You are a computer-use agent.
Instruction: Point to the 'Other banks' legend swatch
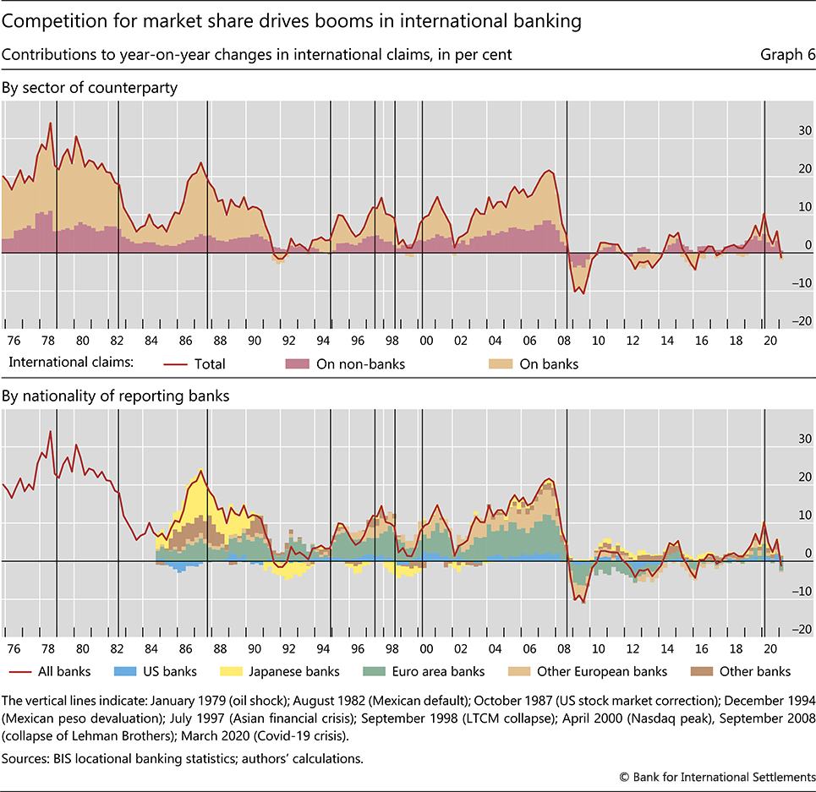tap(698, 671)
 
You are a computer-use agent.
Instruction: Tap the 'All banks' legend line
tap(21, 671)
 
